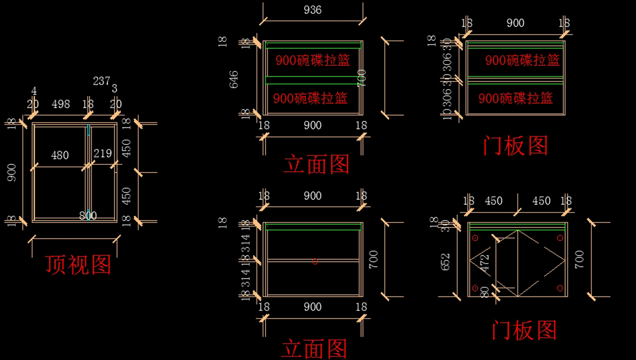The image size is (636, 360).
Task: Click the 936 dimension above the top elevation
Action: (x=312, y=10)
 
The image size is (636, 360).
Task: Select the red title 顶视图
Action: (x=78, y=265)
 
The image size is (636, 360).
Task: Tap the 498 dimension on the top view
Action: (x=60, y=104)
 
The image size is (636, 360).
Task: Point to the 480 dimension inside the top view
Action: (x=59, y=155)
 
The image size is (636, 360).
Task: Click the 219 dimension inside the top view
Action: (x=102, y=154)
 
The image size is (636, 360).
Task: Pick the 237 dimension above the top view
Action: (x=101, y=81)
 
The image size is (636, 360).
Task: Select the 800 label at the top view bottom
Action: (x=88, y=216)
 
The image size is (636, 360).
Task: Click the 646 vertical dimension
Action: (x=234, y=78)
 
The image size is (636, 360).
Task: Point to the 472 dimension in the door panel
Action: (x=484, y=262)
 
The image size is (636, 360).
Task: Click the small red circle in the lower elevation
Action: (x=315, y=261)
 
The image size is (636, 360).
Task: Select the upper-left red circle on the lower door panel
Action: (x=475, y=238)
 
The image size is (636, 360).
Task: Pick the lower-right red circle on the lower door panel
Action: (x=560, y=288)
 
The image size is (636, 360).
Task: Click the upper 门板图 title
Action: (x=515, y=145)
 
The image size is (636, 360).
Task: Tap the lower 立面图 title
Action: (x=314, y=349)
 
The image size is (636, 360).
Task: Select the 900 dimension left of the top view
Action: (x=12, y=172)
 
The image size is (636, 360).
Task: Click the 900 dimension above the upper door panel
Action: (x=515, y=23)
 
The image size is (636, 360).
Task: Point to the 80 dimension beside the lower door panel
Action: (x=484, y=292)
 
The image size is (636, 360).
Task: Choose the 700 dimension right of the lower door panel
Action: (x=579, y=258)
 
